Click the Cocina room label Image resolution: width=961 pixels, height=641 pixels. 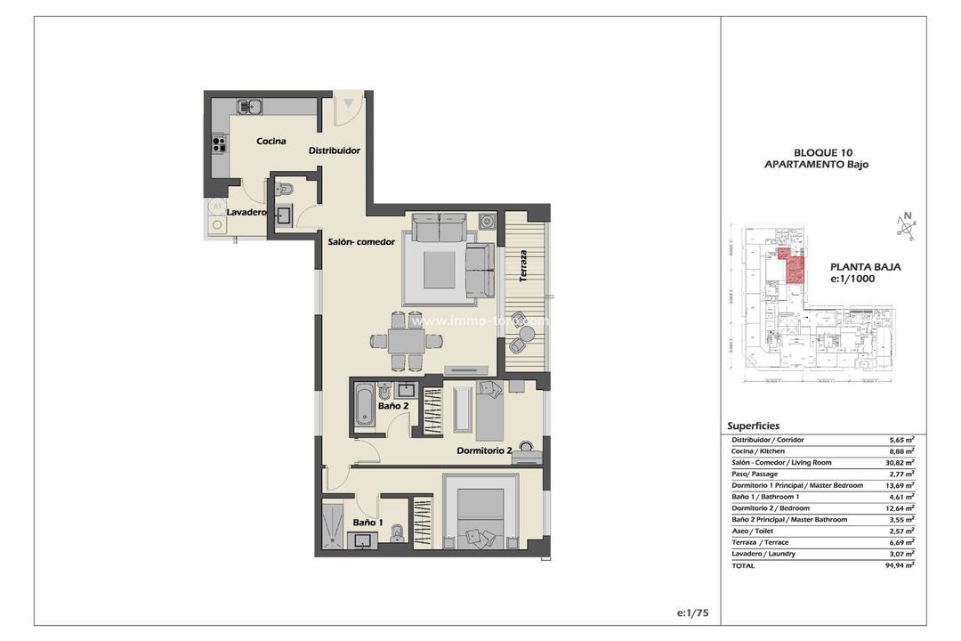(271, 141)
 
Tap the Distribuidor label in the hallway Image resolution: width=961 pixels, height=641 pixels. (335, 150)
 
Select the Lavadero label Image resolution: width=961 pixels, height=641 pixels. (246, 213)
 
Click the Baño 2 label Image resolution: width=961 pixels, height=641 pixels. (392, 406)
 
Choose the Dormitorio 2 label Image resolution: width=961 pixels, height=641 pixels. (484, 450)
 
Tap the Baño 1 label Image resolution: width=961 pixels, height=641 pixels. (367, 523)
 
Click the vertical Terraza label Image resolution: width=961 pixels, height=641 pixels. (524, 265)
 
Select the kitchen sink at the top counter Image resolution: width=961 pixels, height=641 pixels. (249, 106)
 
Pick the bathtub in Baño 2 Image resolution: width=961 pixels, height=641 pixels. (364, 405)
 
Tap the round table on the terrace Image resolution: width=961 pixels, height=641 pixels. (527, 334)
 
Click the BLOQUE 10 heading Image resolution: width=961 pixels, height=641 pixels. (817, 152)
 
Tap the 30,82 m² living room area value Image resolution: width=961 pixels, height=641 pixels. (901, 462)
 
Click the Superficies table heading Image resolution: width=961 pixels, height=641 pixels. (753, 426)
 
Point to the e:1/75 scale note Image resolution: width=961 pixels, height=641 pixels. (693, 613)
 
